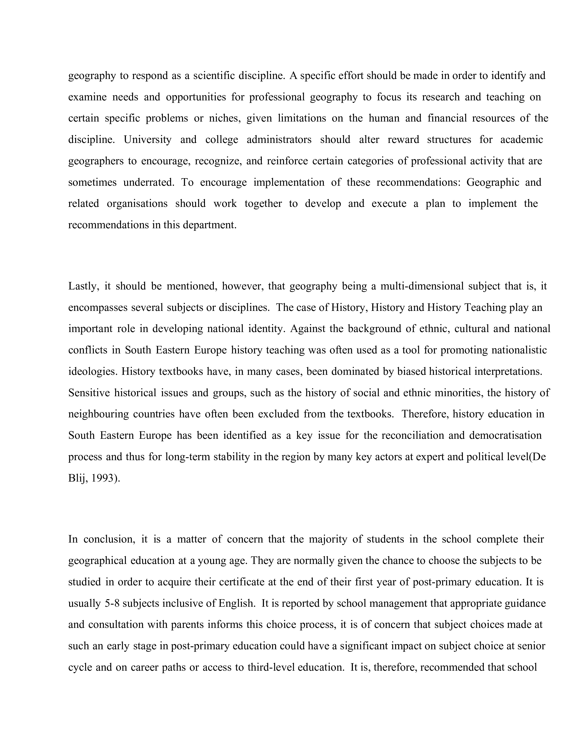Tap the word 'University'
(147, 140)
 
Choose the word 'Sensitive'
(89, 393)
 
